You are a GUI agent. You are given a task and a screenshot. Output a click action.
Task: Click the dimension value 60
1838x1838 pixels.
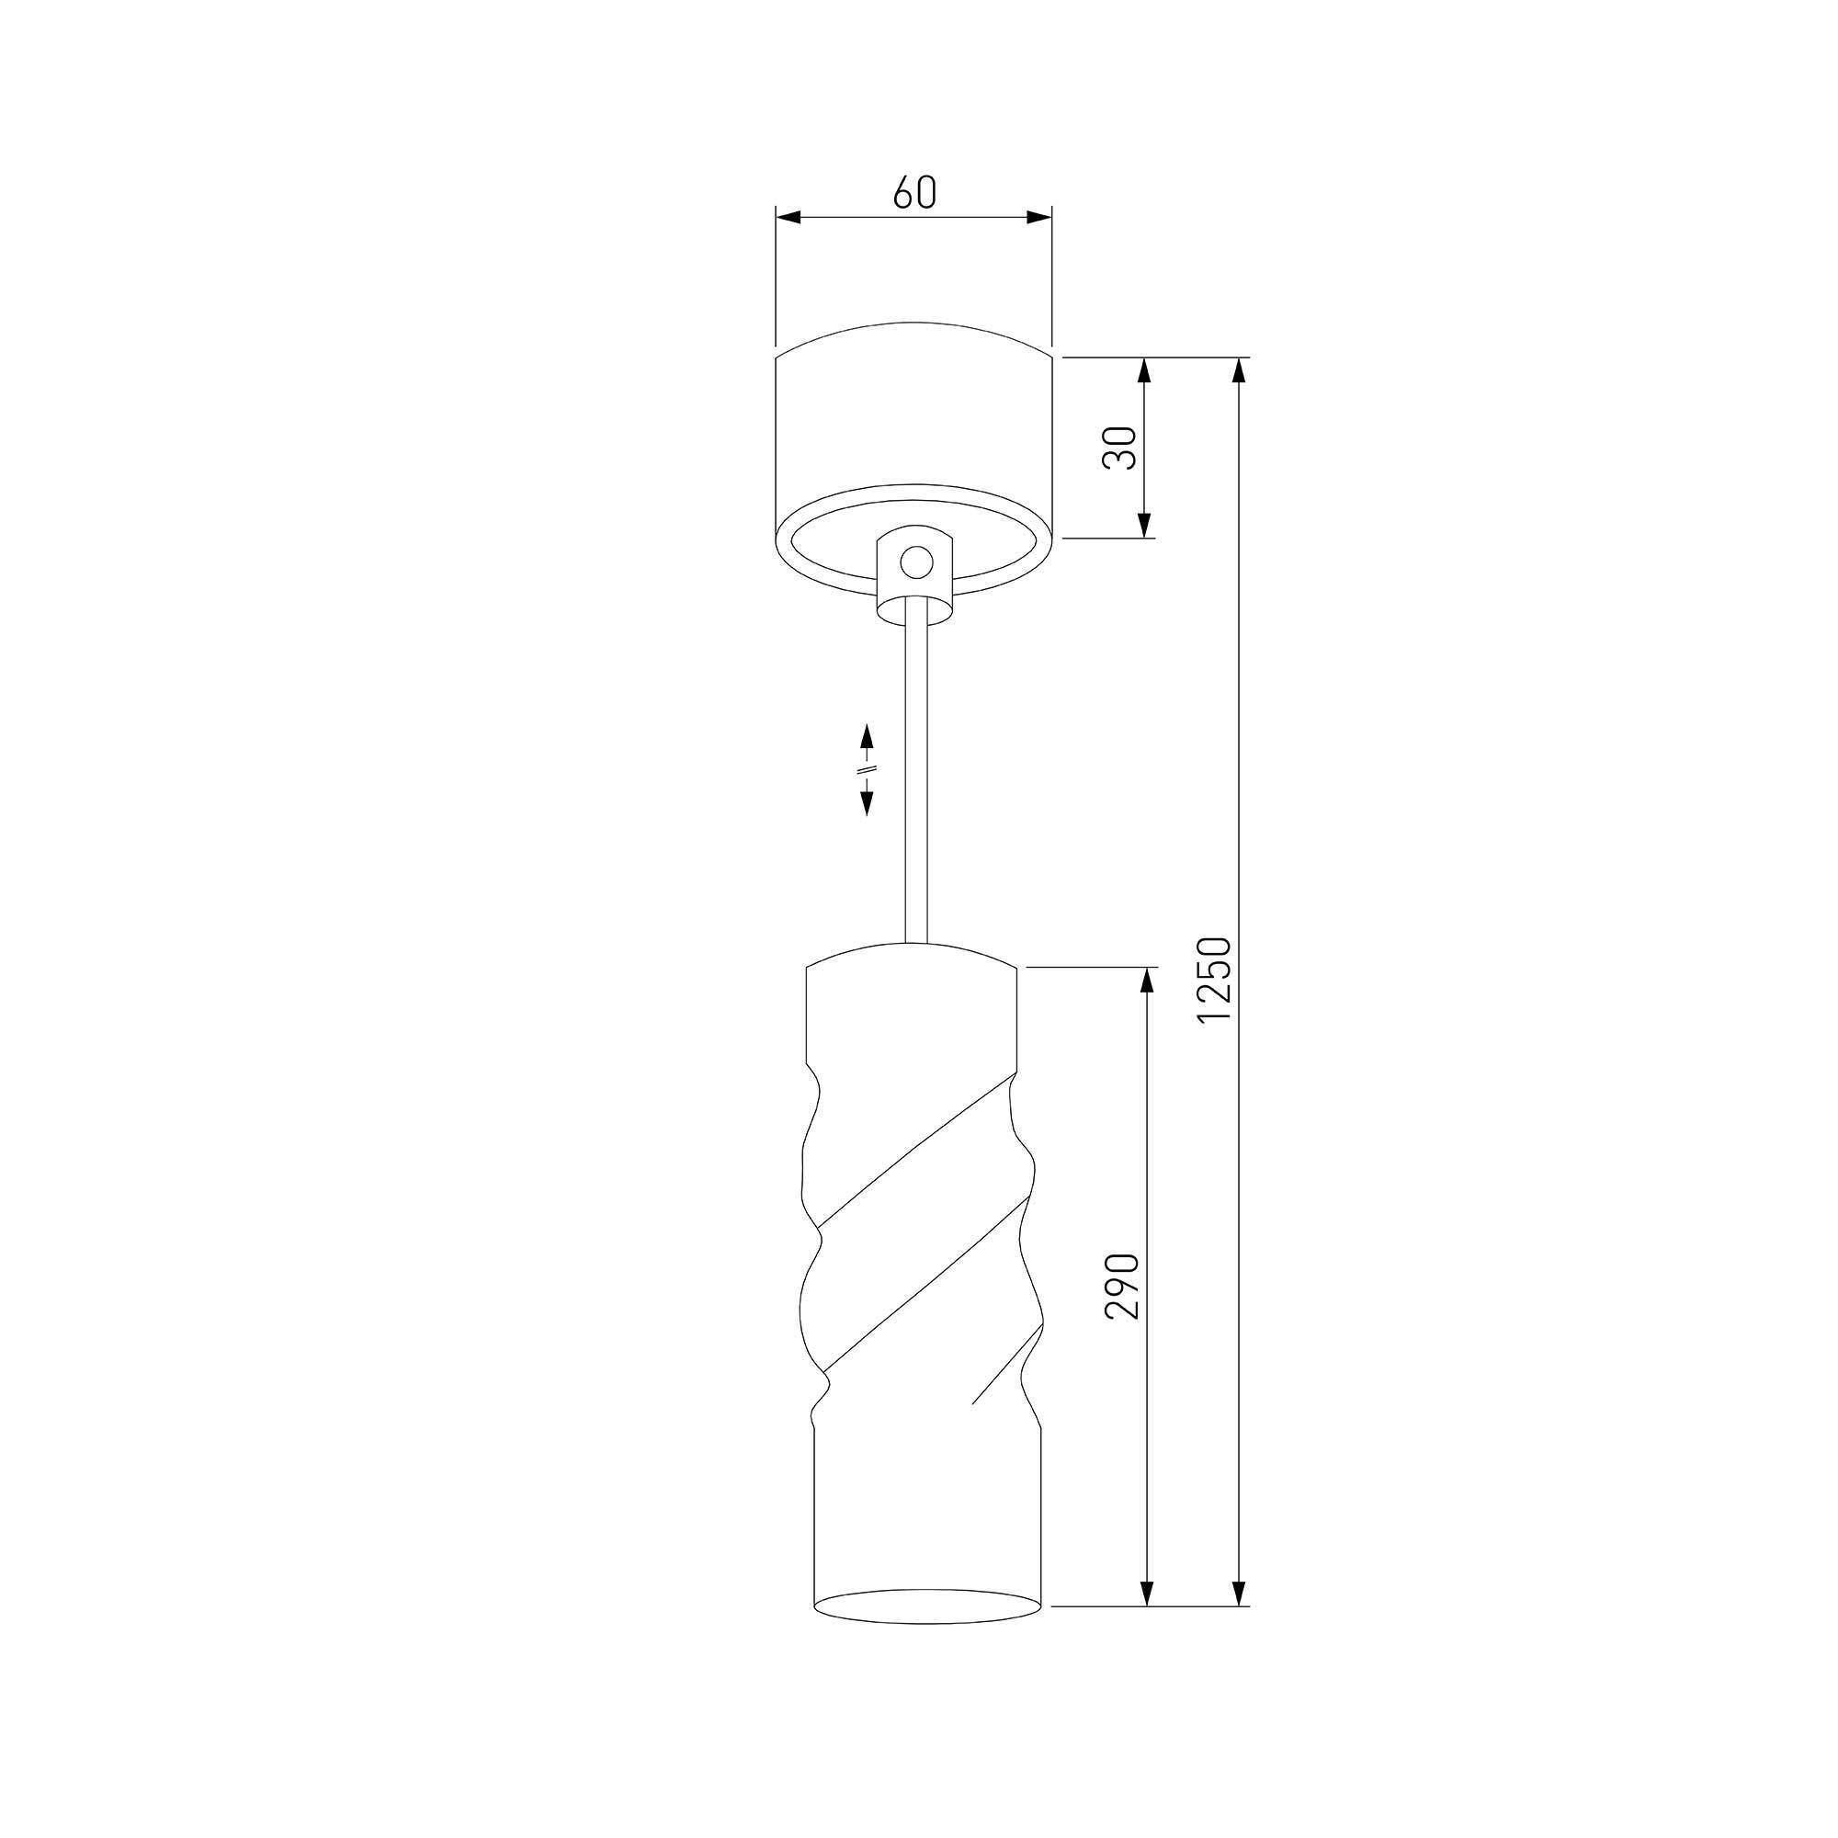pyautogui.click(x=914, y=192)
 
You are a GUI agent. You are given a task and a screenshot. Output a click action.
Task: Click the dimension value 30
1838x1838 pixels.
pyautogui.click(x=1120, y=448)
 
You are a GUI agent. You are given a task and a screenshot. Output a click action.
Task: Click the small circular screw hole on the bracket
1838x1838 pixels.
pyautogui.click(x=916, y=563)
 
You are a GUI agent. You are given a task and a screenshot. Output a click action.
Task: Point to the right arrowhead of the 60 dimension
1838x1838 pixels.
pyautogui.click(x=1038, y=218)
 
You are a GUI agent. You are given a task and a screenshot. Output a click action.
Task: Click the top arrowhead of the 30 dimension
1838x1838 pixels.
pyautogui.click(x=1144, y=371)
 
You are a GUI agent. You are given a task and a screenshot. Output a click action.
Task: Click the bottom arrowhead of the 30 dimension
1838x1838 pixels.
pyautogui.click(x=1144, y=524)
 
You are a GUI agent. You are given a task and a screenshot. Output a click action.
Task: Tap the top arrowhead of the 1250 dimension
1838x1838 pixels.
pyautogui.click(x=1239, y=371)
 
